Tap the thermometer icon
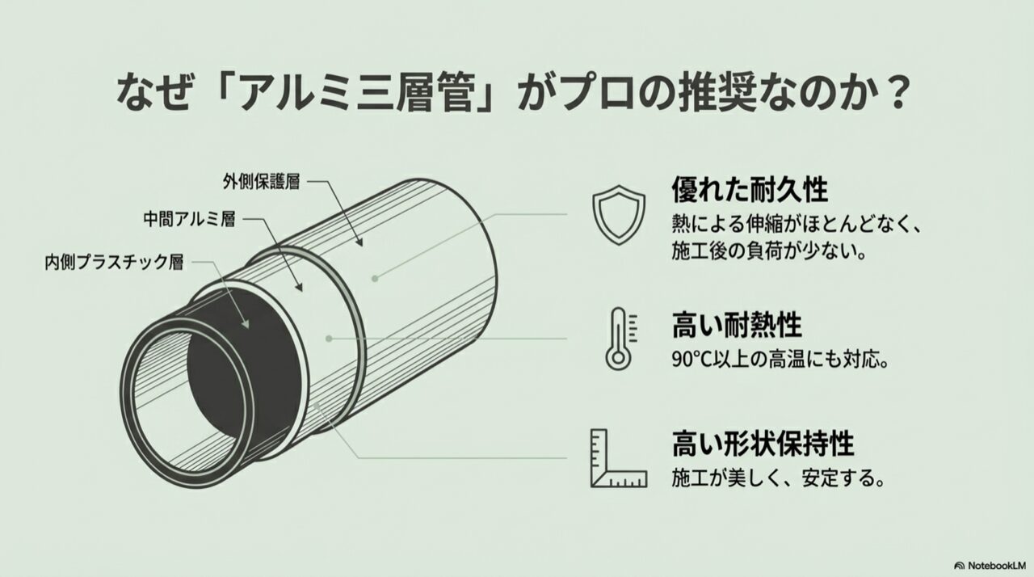pyautogui.click(x=620, y=339)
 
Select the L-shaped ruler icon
pyautogui.click(x=619, y=458)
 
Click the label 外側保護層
pyautogui.click(x=261, y=181)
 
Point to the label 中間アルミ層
pyautogui.click(x=189, y=219)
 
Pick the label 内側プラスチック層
pyautogui.click(x=114, y=262)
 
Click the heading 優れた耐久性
pyautogui.click(x=750, y=189)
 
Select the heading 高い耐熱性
pyautogui.click(x=737, y=325)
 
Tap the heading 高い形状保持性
pyautogui.click(x=763, y=444)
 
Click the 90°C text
pyautogui.click(x=692, y=360)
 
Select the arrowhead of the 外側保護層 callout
pyautogui.click(x=359, y=242)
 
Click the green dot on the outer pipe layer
pyautogui.click(x=376, y=278)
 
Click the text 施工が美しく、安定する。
pyautogui.click(x=779, y=478)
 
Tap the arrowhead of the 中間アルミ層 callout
pyautogui.click(x=299, y=286)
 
